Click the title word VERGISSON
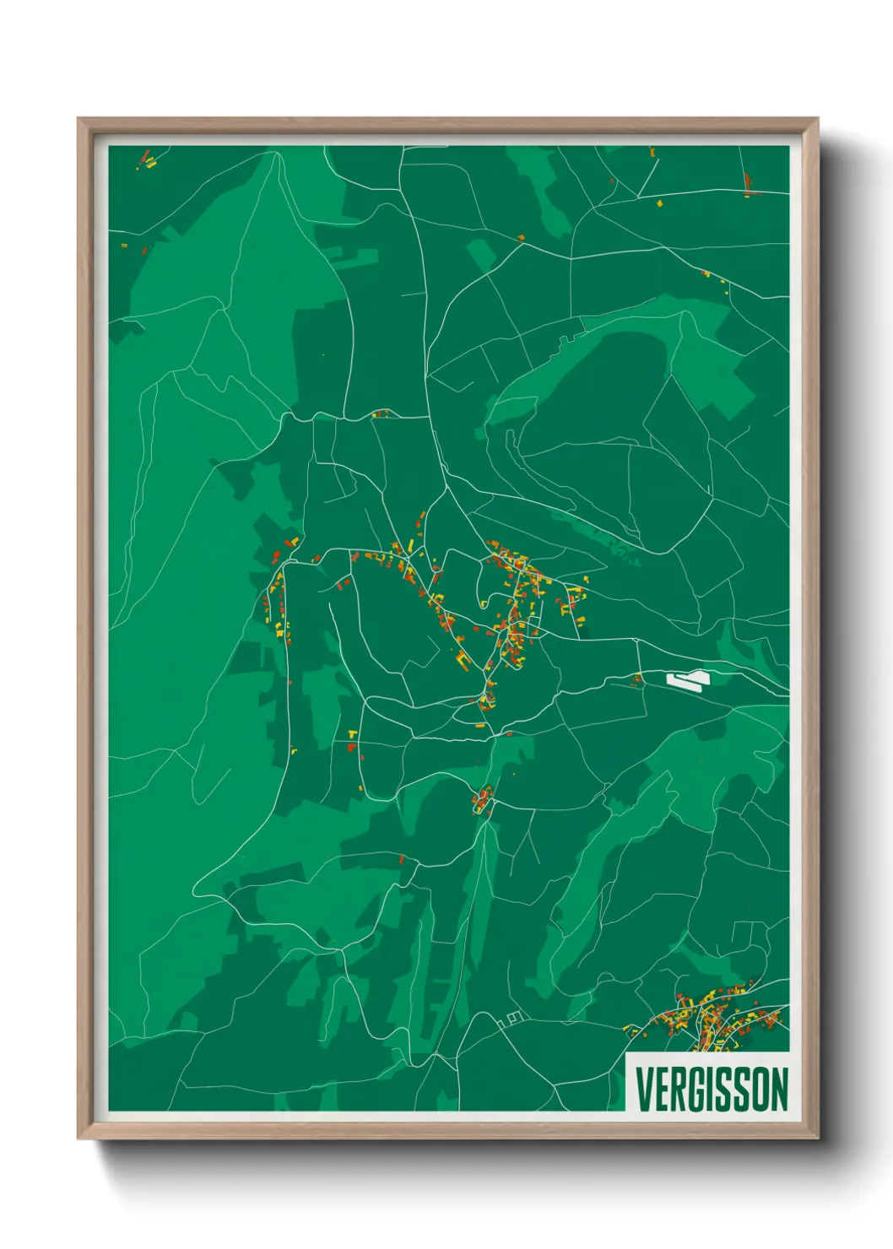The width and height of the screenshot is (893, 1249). pyautogui.click(x=712, y=1089)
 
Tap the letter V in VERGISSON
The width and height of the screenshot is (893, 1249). pyautogui.click(x=644, y=1089)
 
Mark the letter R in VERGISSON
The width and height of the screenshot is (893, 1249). pyautogui.click(x=676, y=1089)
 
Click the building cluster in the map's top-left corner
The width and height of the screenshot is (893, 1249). pyautogui.click(x=146, y=160)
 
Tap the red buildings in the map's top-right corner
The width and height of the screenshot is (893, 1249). pyautogui.click(x=748, y=184)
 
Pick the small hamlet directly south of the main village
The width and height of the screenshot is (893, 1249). pyautogui.click(x=483, y=798)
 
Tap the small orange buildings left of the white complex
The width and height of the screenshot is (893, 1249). pyautogui.click(x=638, y=677)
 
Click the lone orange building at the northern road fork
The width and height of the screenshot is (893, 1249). pyautogui.click(x=520, y=238)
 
